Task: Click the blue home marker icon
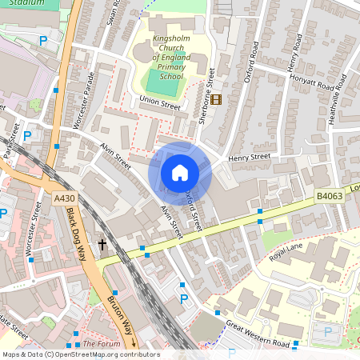[x=180, y=173]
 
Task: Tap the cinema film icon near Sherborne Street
[x=218, y=98]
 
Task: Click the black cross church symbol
[x=102, y=243]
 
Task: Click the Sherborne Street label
[x=208, y=94]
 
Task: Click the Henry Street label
[x=250, y=158]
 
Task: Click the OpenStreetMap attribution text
[x=80, y=354]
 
